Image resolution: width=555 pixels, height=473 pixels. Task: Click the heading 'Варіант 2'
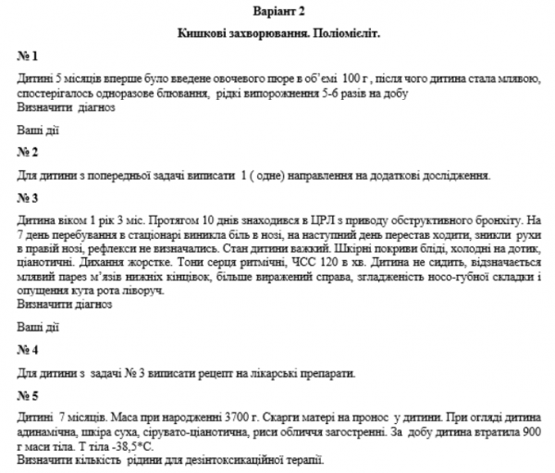tap(277, 11)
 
